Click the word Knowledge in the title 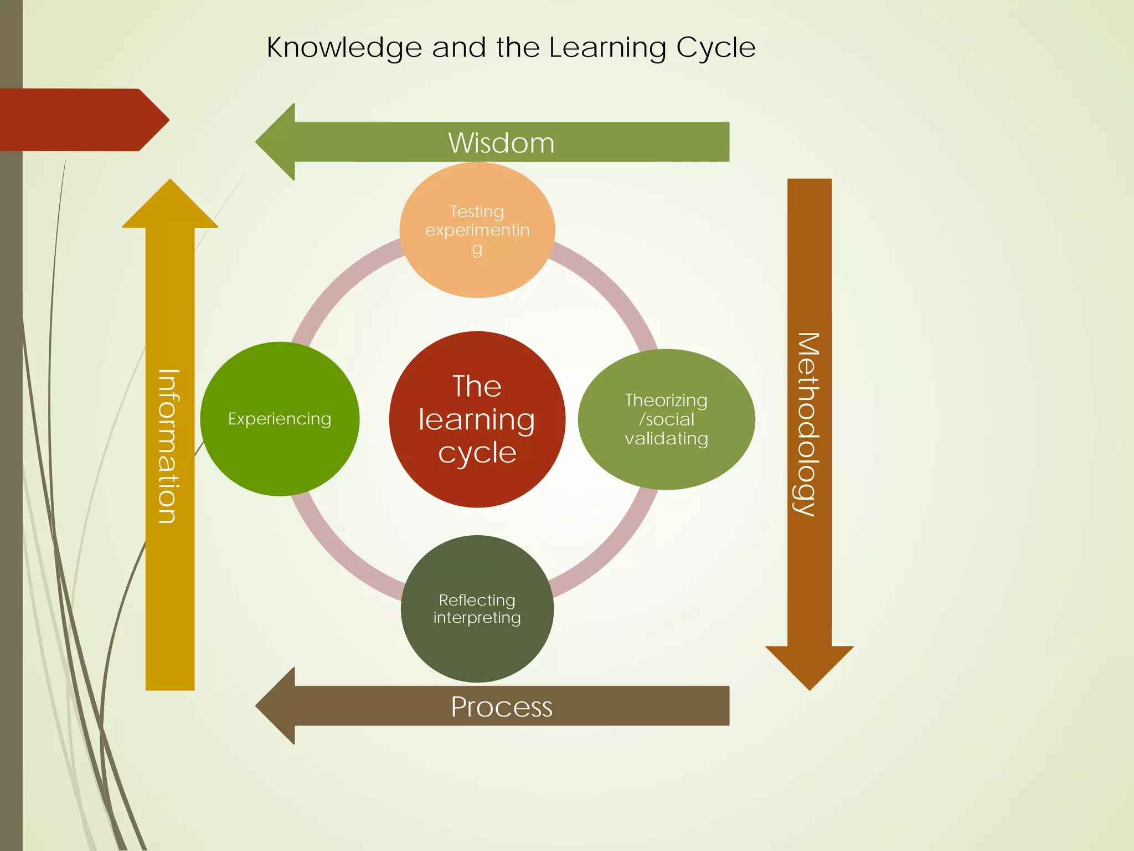point(344,48)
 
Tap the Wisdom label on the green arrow point(501,143)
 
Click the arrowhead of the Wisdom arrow point(277,142)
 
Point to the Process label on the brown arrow point(501,707)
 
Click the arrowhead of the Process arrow point(277,706)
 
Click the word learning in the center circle point(477,419)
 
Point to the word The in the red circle point(477,386)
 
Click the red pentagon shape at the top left point(78,120)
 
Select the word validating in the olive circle point(666,439)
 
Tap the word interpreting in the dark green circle point(477,618)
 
